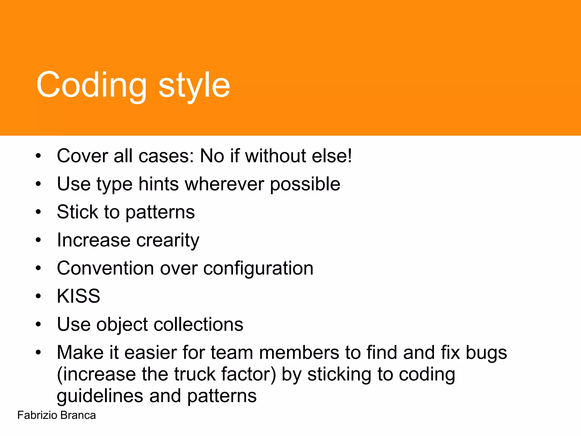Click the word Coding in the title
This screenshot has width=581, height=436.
point(91,85)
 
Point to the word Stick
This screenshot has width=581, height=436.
point(77,212)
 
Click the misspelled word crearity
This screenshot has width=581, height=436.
point(168,240)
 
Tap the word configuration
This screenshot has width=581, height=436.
point(258,269)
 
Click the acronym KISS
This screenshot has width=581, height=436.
point(79,296)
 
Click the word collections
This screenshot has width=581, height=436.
point(198,324)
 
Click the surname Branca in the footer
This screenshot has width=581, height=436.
point(78,415)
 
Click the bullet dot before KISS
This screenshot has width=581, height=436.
point(39,296)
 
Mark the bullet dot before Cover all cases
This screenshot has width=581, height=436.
point(39,156)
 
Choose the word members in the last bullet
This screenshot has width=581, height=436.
point(299,353)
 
